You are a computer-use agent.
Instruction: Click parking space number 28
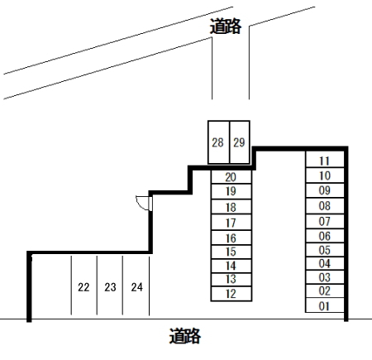218,142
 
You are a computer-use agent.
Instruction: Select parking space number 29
240,142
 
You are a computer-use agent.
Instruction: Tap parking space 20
231,177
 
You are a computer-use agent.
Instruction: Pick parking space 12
231,294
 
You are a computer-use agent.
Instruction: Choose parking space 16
231,238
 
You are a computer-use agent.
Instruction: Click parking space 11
325,160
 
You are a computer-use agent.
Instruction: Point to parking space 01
325,305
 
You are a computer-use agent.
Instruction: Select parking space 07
325,221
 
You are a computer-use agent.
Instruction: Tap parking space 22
84,286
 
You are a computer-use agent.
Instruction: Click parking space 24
136,286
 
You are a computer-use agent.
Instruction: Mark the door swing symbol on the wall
143,203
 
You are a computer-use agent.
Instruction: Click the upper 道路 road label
226,26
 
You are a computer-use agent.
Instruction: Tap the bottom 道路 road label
184,336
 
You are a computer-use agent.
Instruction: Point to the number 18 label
231,207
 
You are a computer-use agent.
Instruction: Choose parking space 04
325,263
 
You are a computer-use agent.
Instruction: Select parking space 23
110,286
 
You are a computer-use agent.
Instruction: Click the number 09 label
325,190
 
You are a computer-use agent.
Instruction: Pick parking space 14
231,266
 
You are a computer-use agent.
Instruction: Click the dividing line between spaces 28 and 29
230,142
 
